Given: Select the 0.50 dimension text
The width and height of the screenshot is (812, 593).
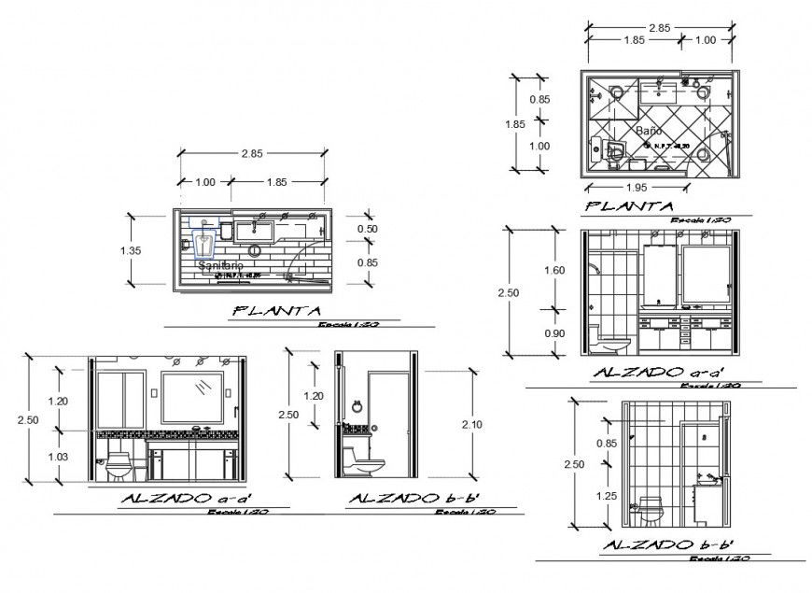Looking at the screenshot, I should pyautogui.click(x=367, y=228).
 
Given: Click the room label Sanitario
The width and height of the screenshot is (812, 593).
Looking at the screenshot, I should pyautogui.click(x=221, y=266).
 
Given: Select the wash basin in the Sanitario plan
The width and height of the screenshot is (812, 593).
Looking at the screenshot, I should pyautogui.click(x=253, y=227).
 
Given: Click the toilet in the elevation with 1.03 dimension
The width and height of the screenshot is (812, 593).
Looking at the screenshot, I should pyautogui.click(x=119, y=464).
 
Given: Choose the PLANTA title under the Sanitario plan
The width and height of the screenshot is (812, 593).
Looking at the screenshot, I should pyautogui.click(x=277, y=311).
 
